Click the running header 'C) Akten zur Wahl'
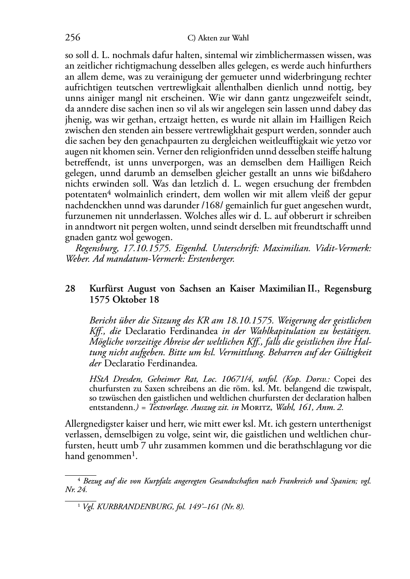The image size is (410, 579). [x=218, y=38]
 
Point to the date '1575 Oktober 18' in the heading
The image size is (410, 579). [x=124, y=299]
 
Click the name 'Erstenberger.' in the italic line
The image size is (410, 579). [x=211, y=259]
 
